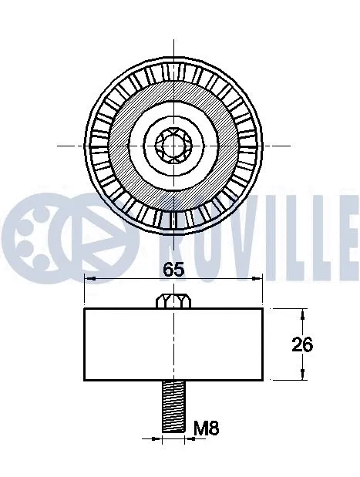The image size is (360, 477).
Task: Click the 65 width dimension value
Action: [x=173, y=269]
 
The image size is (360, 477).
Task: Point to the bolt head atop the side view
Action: [x=173, y=301]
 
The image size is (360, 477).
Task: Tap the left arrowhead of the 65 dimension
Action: [x=88, y=279]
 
